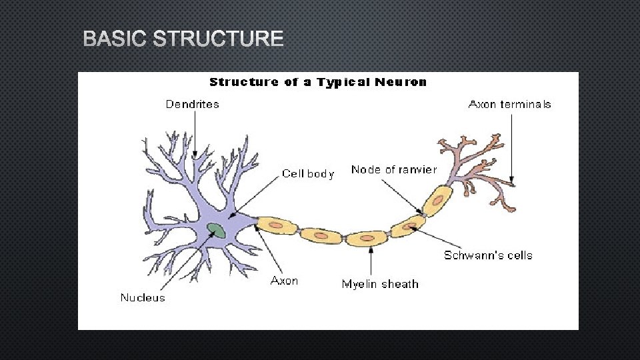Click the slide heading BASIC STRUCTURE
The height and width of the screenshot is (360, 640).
(x=183, y=39)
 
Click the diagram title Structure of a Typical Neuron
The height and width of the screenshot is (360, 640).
(x=318, y=82)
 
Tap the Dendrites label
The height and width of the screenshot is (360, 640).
(x=192, y=104)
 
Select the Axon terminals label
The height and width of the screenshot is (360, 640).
(x=510, y=104)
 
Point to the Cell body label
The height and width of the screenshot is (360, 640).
(x=308, y=173)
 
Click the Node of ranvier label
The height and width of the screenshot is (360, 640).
(x=393, y=169)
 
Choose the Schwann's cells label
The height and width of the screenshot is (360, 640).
(x=488, y=255)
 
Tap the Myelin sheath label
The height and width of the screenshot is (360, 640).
(x=380, y=284)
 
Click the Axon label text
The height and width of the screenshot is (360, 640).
(x=284, y=281)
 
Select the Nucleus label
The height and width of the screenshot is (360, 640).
(x=143, y=297)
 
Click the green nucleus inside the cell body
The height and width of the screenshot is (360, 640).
(x=216, y=231)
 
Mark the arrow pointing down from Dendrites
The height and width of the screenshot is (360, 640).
(x=194, y=134)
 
